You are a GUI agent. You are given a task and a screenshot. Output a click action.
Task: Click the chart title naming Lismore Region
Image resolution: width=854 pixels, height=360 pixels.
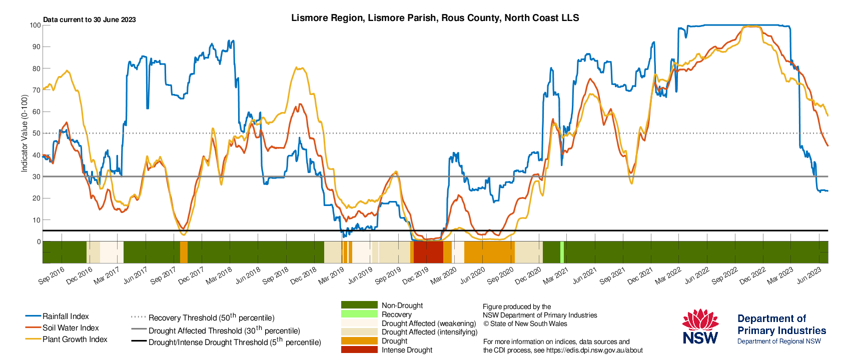(x=435, y=18)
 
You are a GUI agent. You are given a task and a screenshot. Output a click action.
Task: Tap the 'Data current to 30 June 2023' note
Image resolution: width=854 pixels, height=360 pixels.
(x=89, y=20)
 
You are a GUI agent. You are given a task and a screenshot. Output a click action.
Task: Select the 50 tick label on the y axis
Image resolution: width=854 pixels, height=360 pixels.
(x=37, y=133)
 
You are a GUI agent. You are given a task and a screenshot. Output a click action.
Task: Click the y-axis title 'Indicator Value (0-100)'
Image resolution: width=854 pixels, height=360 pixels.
(x=25, y=133)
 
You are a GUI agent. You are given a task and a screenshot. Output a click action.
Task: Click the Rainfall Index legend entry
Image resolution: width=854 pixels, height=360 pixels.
(x=57, y=316)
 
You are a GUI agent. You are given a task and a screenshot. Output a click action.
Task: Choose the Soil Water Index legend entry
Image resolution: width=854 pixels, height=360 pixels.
(x=62, y=327)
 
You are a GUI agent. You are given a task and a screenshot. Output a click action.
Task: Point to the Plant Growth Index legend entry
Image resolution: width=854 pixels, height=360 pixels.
(x=67, y=339)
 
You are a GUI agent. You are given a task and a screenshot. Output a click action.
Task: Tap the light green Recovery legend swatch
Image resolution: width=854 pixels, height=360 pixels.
(x=359, y=314)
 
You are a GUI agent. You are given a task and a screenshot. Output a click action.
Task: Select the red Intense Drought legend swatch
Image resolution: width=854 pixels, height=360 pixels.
(x=359, y=349)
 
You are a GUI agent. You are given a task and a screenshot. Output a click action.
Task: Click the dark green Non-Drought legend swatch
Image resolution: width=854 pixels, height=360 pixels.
(x=359, y=305)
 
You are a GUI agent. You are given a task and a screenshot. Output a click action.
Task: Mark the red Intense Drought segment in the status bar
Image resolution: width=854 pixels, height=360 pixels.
(x=429, y=252)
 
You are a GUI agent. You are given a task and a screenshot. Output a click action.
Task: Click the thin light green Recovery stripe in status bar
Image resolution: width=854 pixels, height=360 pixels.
(x=562, y=252)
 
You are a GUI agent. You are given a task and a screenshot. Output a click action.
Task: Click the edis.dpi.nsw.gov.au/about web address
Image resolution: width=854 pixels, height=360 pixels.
(x=594, y=350)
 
